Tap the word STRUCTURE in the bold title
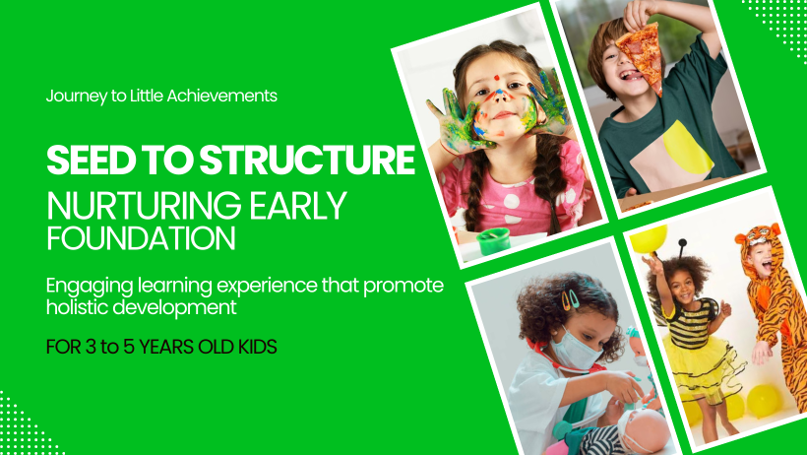coord(307,161)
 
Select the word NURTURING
coord(144,206)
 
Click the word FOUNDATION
coord(141,237)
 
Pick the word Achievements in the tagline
coord(222,96)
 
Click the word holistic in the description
coord(77,307)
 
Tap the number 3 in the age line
coord(91,347)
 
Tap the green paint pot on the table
coord(493,241)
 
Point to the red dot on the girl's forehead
coord(497,79)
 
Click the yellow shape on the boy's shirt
coord(687,148)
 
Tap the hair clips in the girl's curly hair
coord(570,299)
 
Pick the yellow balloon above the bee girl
coord(649,239)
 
